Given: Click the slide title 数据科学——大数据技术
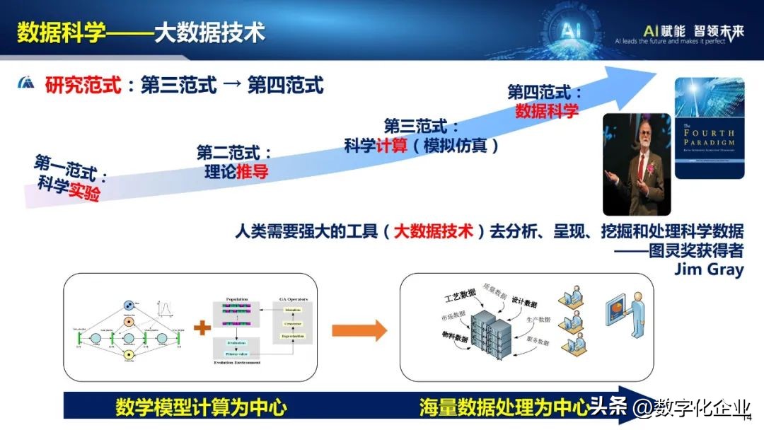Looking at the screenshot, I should pyautogui.click(x=141, y=32).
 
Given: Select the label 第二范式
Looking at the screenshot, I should pyautogui.click(x=233, y=152).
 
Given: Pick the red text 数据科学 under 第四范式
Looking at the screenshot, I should pyautogui.click(x=546, y=110).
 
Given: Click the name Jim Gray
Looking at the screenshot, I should pyautogui.click(x=709, y=269).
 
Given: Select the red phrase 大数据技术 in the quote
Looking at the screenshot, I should pyautogui.click(x=433, y=231).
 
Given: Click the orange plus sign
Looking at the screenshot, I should pyautogui.click(x=202, y=328).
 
